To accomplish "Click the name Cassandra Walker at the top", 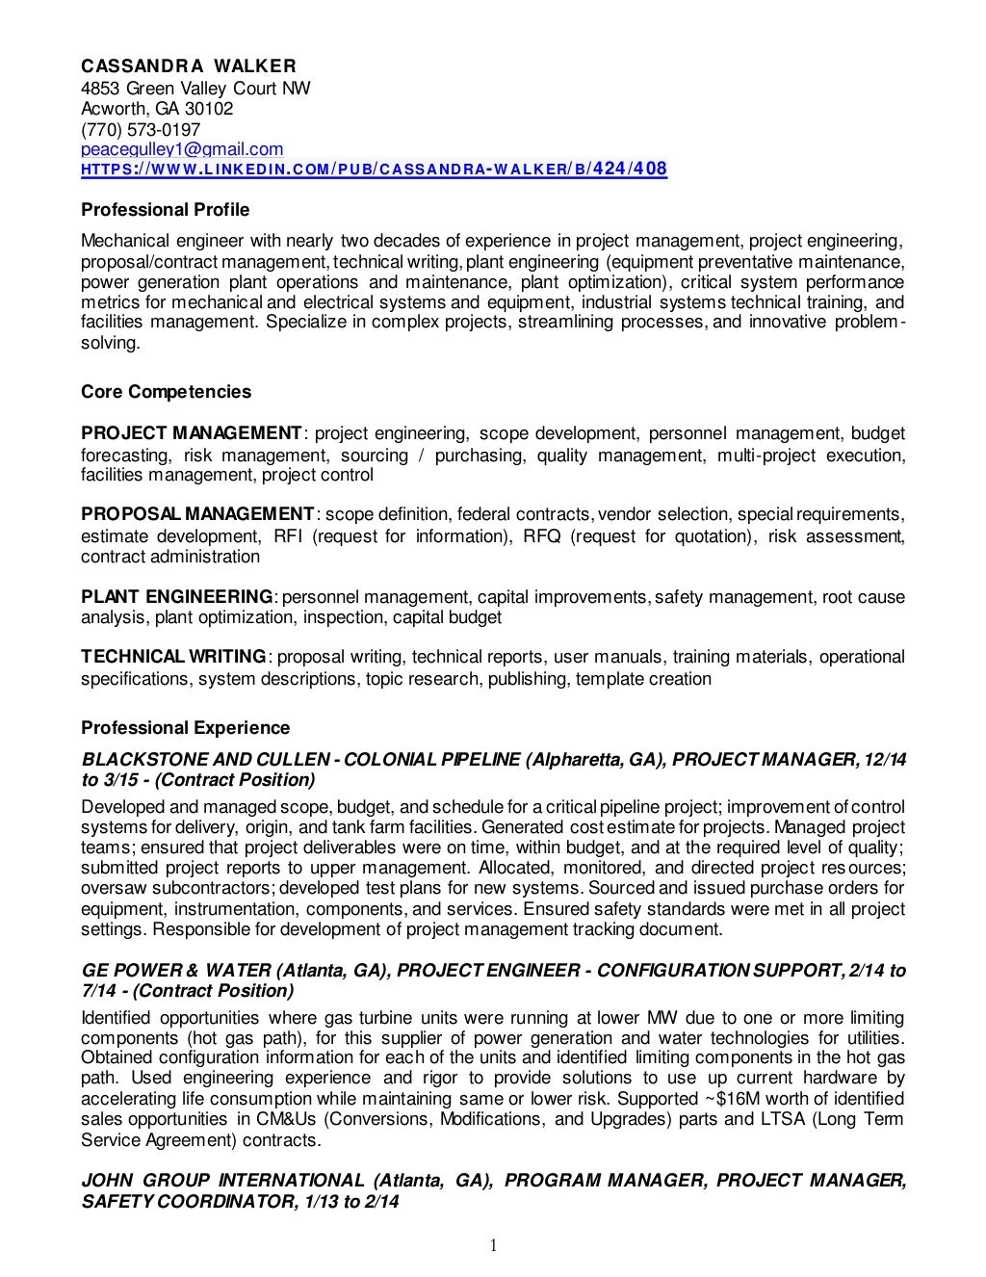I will [189, 66].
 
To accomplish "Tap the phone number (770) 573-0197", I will [141, 129].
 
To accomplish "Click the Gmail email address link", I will [182, 149].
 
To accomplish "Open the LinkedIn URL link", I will [374, 169].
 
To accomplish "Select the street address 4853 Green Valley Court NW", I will [195, 89].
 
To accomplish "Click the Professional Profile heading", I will [165, 210].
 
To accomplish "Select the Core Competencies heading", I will [166, 392].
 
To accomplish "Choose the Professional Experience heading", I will [185, 728].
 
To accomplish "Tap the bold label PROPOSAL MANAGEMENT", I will [197, 514].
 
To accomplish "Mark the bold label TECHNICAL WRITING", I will [173, 657].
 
